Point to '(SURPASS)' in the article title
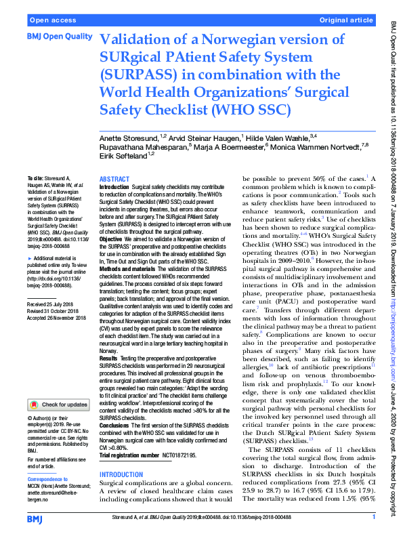133,75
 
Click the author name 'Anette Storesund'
125,138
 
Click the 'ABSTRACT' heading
114,179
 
